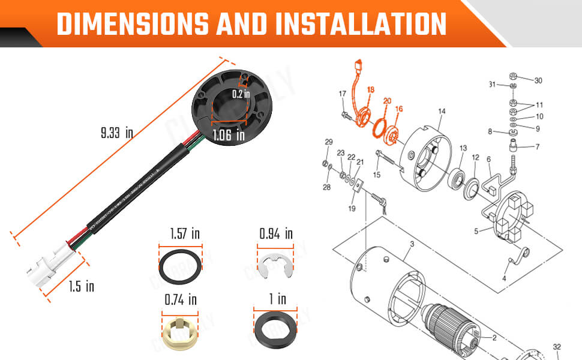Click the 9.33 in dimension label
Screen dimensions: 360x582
pos(116,133)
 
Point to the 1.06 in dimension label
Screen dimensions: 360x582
pos(228,136)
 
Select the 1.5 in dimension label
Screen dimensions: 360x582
pos(81,286)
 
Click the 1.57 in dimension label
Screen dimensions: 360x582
pos(181,233)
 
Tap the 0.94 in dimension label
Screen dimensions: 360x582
pos(275,233)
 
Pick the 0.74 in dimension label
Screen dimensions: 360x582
pos(181,299)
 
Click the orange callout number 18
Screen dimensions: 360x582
pos(371,89)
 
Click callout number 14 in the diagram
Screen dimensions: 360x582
pos(442,111)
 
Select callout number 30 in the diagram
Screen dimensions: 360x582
pos(538,80)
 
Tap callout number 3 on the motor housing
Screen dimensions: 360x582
pos(412,244)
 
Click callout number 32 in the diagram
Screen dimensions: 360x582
pos(557,346)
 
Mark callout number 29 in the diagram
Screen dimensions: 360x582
pos(328,142)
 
